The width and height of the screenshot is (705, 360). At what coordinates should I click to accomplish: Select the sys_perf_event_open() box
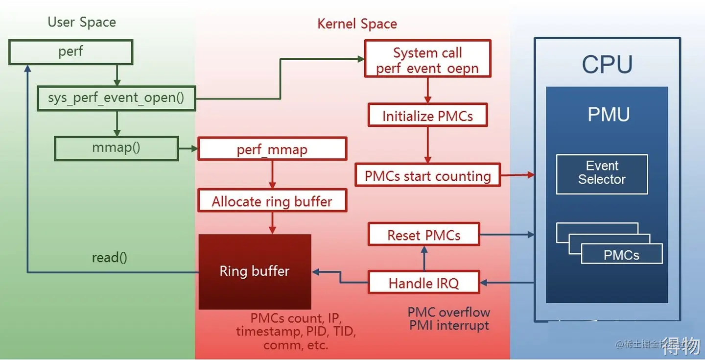[116, 98]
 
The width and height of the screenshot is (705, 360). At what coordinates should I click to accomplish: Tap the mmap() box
[116, 148]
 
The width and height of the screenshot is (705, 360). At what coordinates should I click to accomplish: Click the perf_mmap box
[272, 148]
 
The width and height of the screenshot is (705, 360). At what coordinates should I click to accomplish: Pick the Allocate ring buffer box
[272, 201]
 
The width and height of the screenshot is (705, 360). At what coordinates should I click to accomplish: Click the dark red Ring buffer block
[255, 271]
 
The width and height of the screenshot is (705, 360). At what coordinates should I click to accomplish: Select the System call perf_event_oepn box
[427, 59]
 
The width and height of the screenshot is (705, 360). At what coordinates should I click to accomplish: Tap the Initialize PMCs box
[427, 116]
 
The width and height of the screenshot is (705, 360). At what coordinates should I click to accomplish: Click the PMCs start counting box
[427, 176]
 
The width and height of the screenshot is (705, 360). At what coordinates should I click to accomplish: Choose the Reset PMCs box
[424, 235]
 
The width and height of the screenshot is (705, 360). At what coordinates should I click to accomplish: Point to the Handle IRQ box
[424, 283]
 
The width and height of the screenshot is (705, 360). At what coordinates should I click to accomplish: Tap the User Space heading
[82, 23]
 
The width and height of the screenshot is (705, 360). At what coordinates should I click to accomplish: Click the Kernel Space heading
[357, 24]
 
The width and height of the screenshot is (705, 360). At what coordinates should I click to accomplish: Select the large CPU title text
[607, 65]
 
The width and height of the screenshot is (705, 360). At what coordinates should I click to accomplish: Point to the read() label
[109, 258]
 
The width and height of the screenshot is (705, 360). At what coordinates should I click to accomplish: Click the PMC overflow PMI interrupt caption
[449, 319]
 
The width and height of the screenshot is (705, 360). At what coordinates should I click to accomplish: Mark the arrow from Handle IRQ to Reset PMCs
[424, 259]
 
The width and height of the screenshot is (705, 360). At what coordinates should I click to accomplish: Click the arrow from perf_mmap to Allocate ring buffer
[272, 174]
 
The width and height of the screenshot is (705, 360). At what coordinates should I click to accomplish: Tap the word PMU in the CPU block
[609, 115]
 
